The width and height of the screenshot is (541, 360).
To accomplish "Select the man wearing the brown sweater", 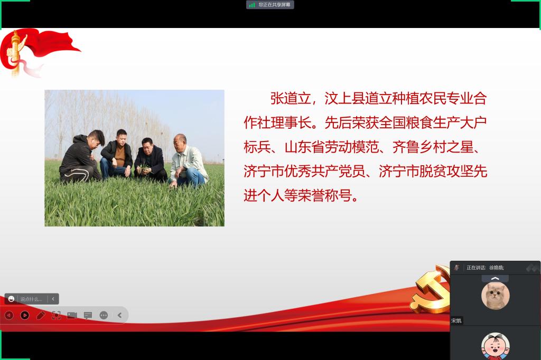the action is click(117, 154).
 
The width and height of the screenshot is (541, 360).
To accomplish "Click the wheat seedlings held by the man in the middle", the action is click(144, 169).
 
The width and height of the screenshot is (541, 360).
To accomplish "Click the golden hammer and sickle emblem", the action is click(430, 290).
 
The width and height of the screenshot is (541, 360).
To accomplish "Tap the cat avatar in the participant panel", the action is click(496, 296).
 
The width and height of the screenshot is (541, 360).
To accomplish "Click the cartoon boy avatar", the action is click(496, 346).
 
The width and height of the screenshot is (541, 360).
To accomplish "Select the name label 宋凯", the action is click(456, 321).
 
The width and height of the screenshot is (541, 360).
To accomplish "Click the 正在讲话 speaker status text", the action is click(476, 268).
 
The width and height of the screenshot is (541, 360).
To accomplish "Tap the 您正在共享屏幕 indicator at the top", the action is click(274, 5).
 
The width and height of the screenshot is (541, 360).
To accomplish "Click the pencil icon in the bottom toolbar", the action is click(41, 315).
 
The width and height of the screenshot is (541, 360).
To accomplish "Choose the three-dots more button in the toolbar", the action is click(104, 315).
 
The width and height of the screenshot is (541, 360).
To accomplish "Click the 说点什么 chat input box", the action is click(31, 299).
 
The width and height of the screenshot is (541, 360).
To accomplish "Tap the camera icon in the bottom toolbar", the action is click(72, 315).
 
